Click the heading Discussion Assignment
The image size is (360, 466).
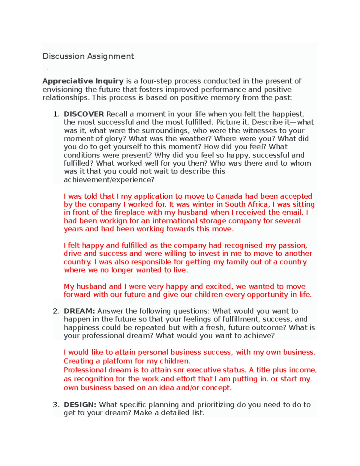pos(88,56)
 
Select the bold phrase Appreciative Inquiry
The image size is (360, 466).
pos(83,81)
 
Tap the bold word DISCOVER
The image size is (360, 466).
pos(84,114)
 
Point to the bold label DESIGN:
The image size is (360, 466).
pos(80,405)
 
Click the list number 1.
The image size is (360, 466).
pos(56,114)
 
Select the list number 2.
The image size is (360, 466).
pos(56,311)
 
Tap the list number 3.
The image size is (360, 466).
pos(56,405)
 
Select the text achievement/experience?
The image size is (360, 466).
pos(109,180)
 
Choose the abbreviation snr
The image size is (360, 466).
pos(178,370)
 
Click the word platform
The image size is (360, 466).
pos(118,361)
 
